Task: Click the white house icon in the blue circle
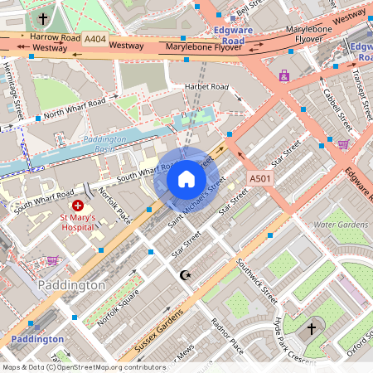(x=186, y=179)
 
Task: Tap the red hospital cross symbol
(x=78, y=205)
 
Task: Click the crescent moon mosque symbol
(x=185, y=274)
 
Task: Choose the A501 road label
(x=260, y=178)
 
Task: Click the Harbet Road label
(x=206, y=87)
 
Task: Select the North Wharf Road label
(x=75, y=108)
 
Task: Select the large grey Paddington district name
(x=72, y=285)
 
